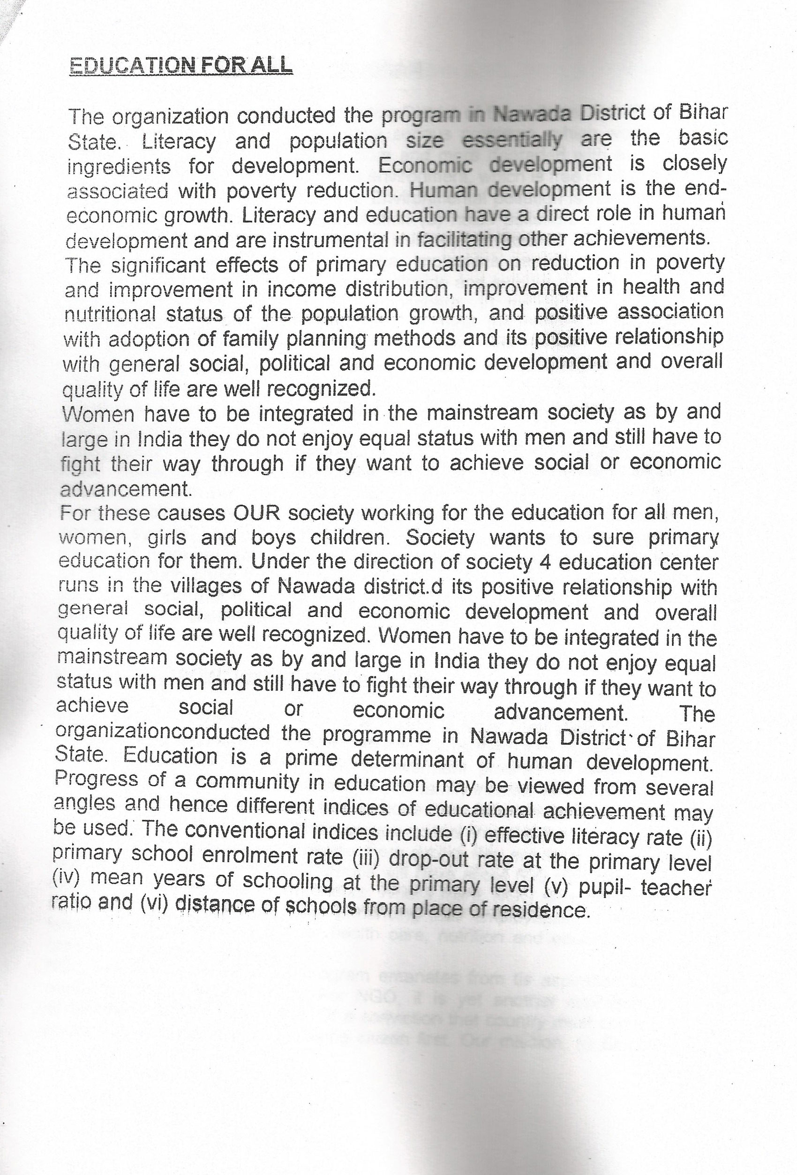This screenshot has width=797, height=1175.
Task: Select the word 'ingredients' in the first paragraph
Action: tap(119, 167)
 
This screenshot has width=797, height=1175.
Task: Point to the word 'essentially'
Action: tap(512, 139)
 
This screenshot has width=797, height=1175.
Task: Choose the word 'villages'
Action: tap(219, 586)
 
